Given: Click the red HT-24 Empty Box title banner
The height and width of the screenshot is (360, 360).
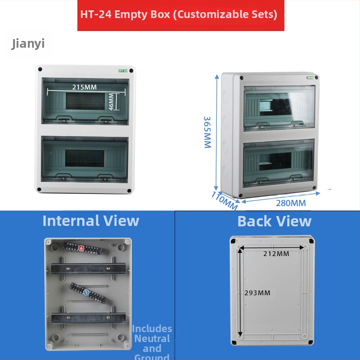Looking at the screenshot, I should [180, 15].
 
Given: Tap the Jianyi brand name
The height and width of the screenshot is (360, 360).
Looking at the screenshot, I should [28, 44].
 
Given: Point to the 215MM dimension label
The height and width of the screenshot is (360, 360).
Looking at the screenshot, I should [85, 87].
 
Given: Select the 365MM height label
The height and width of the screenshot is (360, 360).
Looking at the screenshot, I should [207, 132].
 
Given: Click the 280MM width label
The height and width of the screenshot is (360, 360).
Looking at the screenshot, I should [291, 203].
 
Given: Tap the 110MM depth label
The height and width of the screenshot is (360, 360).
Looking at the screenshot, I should [224, 200].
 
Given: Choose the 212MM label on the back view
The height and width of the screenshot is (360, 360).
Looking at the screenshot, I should [276, 254].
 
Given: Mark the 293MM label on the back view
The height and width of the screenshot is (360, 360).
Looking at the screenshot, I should [257, 293].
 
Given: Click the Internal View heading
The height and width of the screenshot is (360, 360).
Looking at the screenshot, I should [90, 221].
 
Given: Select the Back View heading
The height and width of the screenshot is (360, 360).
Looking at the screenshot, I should [274, 221].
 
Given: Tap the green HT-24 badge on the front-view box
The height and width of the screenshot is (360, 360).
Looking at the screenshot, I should [123, 71].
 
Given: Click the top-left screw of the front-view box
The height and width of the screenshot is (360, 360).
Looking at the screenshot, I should [40, 70].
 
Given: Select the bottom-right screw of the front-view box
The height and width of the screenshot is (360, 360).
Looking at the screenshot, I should [130, 191].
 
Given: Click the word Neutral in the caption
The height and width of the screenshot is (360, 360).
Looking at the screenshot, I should [152, 339].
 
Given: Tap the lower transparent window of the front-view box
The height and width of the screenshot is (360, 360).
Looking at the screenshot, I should [85, 159].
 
